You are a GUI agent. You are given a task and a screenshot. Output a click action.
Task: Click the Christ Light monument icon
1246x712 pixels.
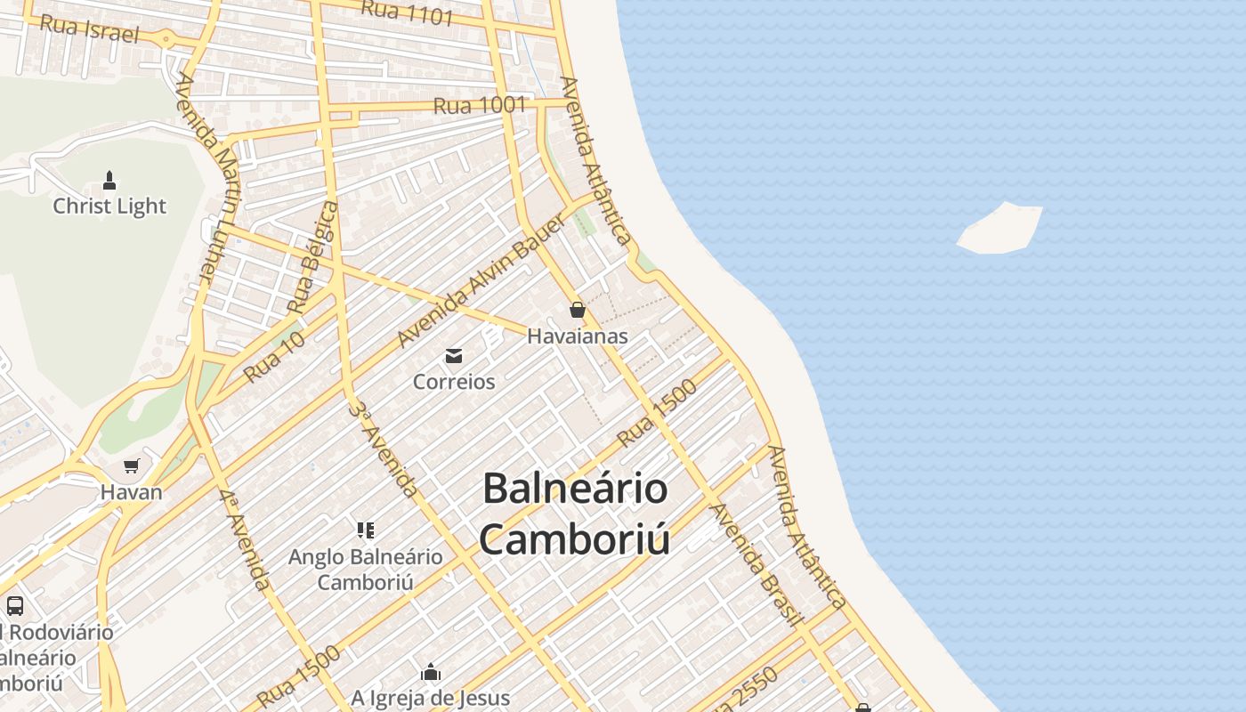click(109, 181)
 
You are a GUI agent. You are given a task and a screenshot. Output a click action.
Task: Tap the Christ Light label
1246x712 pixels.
click(109, 206)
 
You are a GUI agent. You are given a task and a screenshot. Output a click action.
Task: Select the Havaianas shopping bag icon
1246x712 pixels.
click(578, 310)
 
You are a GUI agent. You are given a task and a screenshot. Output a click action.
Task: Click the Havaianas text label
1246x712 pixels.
click(578, 336)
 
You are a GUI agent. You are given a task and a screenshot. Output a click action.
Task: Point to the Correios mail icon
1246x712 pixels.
click(454, 356)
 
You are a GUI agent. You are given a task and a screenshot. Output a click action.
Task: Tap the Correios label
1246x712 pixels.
click(454, 382)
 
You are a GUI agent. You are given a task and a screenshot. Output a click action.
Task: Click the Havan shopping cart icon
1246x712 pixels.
click(132, 465)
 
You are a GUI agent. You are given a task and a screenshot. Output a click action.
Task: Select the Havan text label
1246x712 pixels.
click(132, 492)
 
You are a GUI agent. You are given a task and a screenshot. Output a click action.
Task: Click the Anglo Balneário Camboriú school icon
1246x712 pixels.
click(365, 530)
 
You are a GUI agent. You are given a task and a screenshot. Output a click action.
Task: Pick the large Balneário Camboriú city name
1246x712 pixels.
click(575, 514)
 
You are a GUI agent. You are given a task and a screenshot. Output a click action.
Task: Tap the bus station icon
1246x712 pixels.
click(15, 606)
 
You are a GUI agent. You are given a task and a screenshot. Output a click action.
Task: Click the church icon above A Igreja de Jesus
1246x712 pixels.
click(431, 671)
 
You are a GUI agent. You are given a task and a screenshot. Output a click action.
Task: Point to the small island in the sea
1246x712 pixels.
click(1000, 228)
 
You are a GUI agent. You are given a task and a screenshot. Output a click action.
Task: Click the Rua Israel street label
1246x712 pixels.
click(89, 28)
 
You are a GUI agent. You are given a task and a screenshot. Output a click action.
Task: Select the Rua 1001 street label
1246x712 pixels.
click(480, 105)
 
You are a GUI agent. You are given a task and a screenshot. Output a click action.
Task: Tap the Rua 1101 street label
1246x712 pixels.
click(407, 12)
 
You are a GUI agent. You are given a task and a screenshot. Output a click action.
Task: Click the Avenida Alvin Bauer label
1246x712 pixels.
click(481, 281)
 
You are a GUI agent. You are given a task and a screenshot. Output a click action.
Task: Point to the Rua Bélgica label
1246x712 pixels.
click(314, 257)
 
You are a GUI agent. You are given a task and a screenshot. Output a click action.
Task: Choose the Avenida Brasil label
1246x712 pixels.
click(757, 564)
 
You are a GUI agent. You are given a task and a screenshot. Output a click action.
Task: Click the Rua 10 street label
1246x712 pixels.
click(274, 356)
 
